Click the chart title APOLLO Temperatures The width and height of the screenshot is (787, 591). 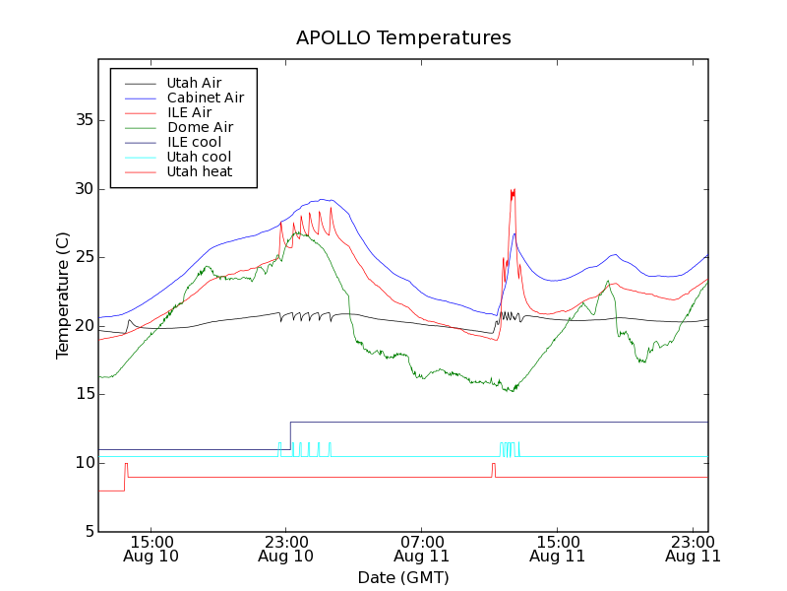point(403,38)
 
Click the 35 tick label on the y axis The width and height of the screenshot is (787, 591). point(84,120)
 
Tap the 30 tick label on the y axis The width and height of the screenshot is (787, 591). point(84,189)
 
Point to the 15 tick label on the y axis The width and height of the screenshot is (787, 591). point(84,394)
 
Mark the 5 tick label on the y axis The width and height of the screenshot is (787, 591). point(89,532)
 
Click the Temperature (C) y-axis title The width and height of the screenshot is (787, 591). point(63,295)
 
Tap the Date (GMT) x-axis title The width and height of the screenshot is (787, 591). point(403,577)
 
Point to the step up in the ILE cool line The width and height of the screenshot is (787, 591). point(290,435)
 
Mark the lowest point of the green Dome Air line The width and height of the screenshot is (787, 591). point(510,391)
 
